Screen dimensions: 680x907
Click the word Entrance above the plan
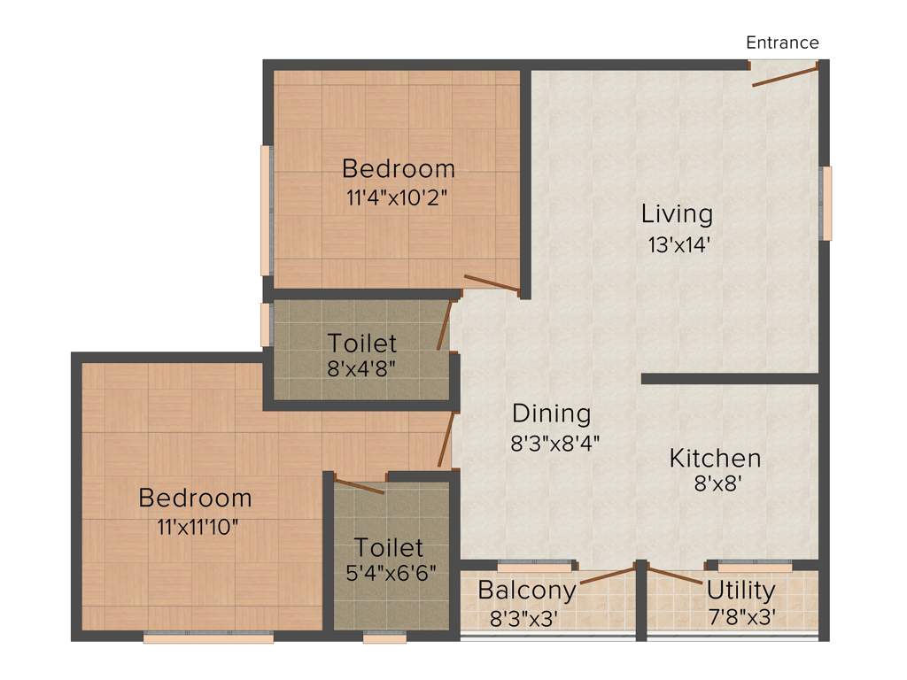782,42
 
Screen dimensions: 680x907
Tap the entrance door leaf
785,74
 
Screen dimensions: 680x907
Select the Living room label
677,214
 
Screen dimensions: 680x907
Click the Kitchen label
715,459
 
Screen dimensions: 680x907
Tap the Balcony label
526,590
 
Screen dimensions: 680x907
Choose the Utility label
740,590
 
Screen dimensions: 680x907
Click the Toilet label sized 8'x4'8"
361,342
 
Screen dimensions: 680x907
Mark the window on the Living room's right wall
826,203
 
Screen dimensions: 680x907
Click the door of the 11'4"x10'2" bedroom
492,283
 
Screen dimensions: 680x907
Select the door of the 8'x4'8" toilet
446,324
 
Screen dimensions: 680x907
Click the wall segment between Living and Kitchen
729,379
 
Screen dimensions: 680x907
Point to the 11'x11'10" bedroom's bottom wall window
208,636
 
